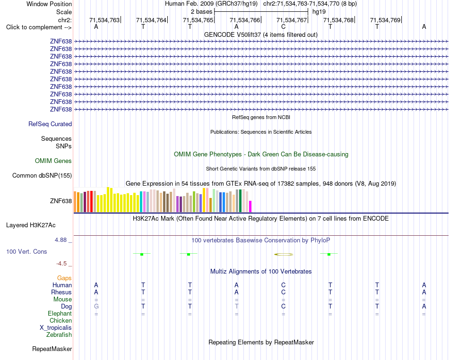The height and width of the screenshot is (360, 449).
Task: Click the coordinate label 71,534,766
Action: coord(245,20)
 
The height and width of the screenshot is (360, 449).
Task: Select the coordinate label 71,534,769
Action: coord(385,20)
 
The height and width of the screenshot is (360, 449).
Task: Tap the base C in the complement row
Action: coord(283,27)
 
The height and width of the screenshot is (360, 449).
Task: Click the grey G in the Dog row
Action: coord(96,307)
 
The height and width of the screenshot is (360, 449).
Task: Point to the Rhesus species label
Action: coord(61,292)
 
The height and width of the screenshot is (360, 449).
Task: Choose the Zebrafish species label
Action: coord(59,334)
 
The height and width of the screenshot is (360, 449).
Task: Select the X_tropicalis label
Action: coord(56,328)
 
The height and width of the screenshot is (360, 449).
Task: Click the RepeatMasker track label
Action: coord(52,349)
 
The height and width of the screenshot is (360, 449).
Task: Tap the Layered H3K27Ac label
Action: coord(31,225)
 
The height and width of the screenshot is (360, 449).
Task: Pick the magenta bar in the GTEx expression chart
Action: coord(250,206)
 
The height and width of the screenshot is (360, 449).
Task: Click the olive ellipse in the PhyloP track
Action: coord(284,254)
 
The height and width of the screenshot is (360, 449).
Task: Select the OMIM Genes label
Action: coord(53,161)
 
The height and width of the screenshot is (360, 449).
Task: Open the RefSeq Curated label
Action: coord(50,124)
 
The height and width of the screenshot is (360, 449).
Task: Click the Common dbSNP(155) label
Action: coord(42,175)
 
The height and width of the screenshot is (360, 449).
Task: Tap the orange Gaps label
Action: coord(64,278)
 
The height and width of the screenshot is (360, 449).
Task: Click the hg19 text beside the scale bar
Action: coord(319,12)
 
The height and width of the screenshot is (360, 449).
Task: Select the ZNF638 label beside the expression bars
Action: coord(61,201)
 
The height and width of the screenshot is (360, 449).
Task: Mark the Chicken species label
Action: coord(60,320)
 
